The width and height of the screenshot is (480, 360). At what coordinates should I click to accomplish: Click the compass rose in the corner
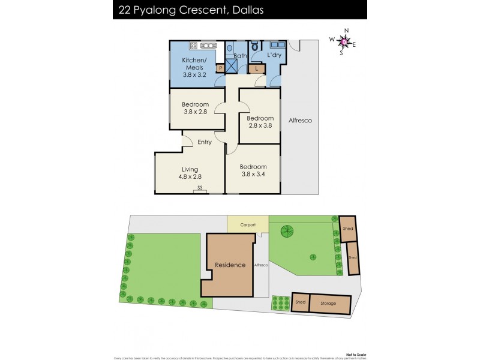click(342, 41)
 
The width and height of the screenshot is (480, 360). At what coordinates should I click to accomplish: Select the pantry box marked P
click(220, 68)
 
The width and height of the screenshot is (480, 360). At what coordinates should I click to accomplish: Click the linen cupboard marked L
click(257, 68)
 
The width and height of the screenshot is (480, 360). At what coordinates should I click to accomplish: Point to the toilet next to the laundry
click(255, 47)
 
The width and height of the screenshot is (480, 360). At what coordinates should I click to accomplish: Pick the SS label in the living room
click(200, 188)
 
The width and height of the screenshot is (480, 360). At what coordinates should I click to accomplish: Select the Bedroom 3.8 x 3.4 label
click(252, 170)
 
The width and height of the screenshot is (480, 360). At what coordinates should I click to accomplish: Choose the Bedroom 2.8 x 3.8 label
click(260, 122)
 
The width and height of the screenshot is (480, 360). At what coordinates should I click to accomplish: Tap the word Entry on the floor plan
click(205, 142)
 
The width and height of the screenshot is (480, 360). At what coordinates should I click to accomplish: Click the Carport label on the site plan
click(248, 225)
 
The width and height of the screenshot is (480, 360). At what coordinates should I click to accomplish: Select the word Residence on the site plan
click(230, 265)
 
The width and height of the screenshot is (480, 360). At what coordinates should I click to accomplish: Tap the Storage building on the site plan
click(328, 304)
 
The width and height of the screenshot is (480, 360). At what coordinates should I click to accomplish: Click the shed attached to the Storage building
click(300, 302)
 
